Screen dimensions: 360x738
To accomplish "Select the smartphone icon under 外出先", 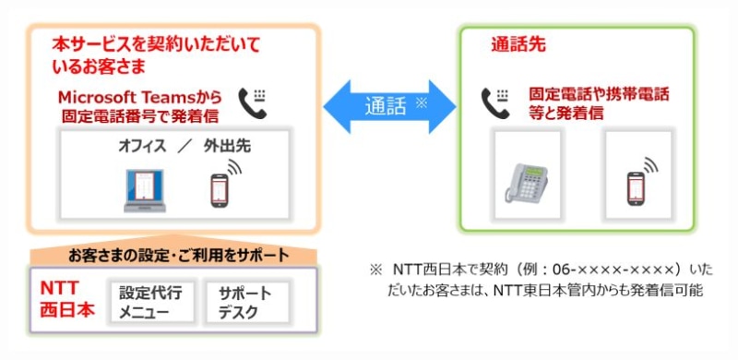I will point(218,188).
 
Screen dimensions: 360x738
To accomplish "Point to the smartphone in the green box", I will point(637,186).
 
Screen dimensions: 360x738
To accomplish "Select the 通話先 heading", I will point(518,44).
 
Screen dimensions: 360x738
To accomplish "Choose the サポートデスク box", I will point(245,302).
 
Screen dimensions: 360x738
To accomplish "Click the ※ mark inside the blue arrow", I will point(422,102).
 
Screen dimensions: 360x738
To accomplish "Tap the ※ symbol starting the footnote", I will point(375,270).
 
